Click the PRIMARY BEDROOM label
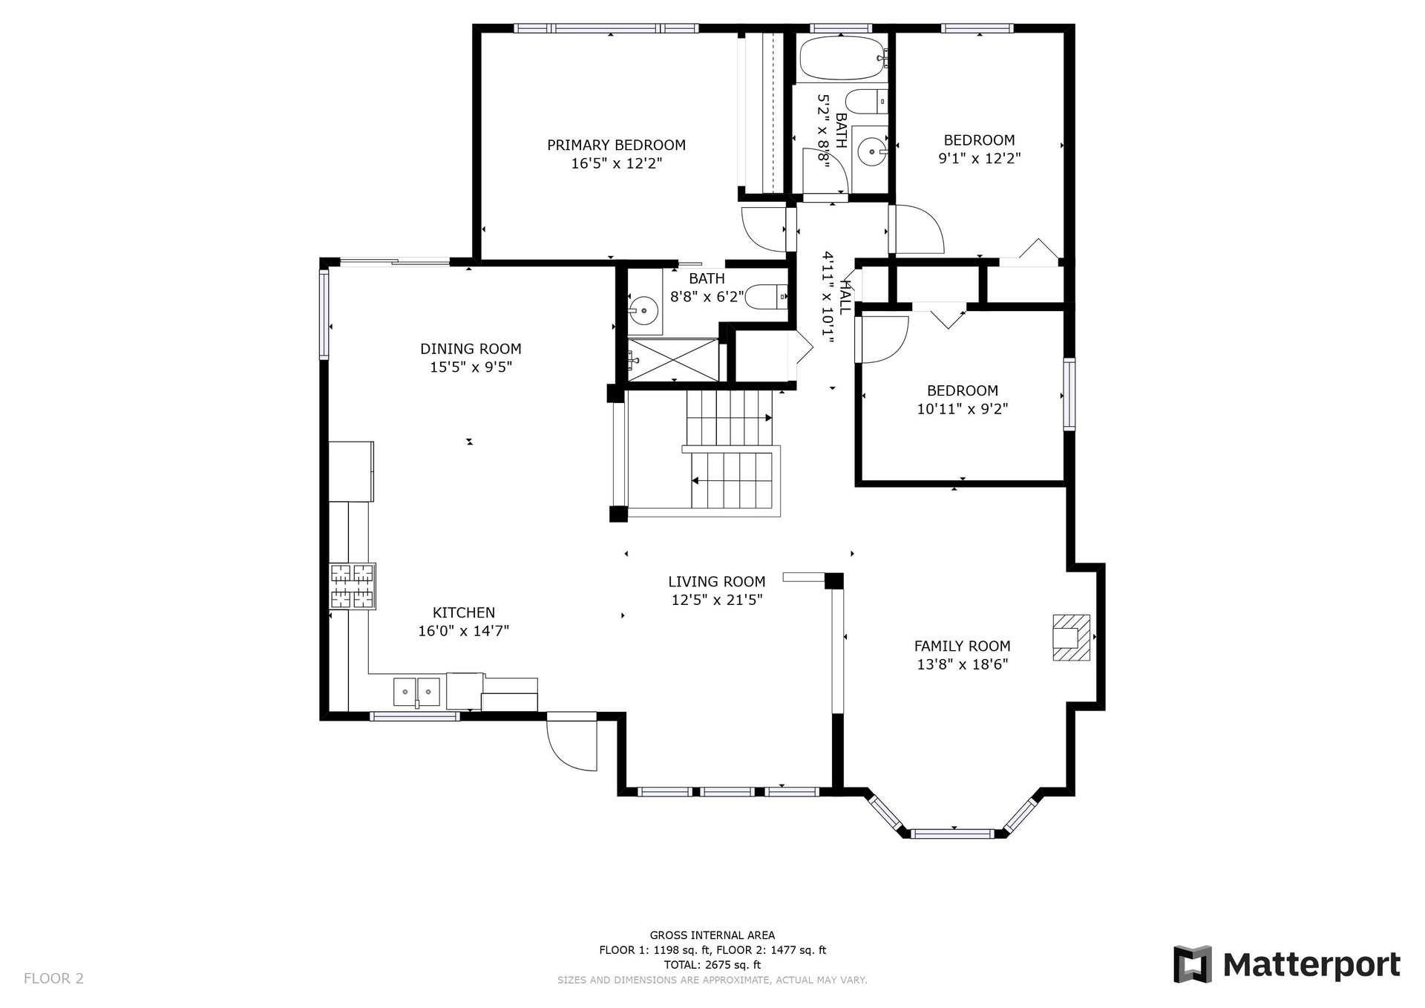pyautogui.click(x=616, y=145)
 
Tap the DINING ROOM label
pyautogui.click(x=471, y=349)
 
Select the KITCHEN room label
pyautogui.click(x=464, y=613)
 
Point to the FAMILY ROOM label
pyautogui.click(x=962, y=647)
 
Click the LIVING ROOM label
pyautogui.click(x=716, y=582)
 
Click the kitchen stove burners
pyautogui.click(x=353, y=586)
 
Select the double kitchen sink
pyautogui.click(x=416, y=692)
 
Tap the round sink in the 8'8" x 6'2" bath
pyautogui.click(x=643, y=310)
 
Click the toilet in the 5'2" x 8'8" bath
pyautogui.click(x=866, y=102)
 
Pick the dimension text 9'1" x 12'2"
pyautogui.click(x=980, y=158)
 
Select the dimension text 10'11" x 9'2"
pyautogui.click(x=963, y=409)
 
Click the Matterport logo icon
pyautogui.click(x=1192, y=964)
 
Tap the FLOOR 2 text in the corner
pyautogui.click(x=53, y=978)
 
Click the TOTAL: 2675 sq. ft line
pyautogui.click(x=712, y=965)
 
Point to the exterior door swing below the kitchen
pyautogui.click(x=571, y=743)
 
